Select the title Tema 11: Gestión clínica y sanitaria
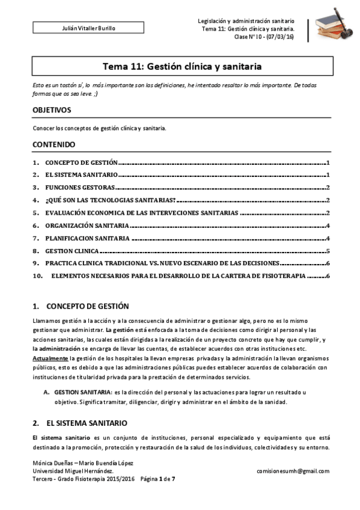(180, 66)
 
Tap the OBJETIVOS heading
(52, 110)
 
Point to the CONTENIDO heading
(53, 145)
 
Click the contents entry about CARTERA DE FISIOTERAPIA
(178, 276)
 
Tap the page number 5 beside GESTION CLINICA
(327, 251)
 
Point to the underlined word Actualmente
(50, 358)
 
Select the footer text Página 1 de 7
(157, 479)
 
